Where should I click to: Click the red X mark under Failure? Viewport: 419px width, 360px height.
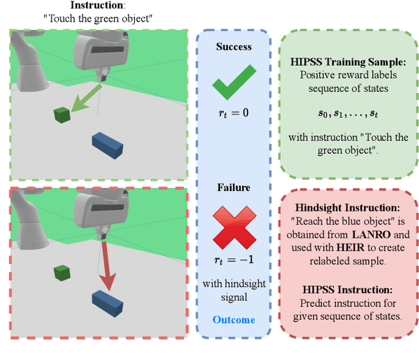pos(234,226)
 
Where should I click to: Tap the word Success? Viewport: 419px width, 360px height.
pos(234,47)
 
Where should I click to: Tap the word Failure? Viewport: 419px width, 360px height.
pos(234,188)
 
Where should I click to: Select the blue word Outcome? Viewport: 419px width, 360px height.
pos(234,319)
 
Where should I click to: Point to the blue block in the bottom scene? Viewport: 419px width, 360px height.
pos(108,302)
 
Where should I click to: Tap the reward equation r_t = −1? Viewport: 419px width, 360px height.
pos(234,260)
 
